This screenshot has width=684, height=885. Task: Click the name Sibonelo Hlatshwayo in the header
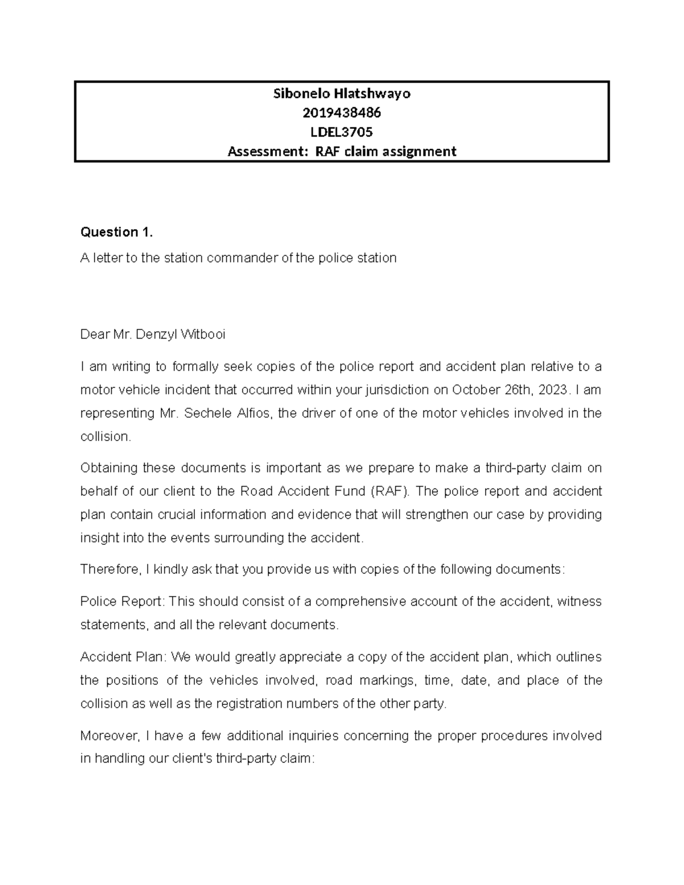pyautogui.click(x=341, y=94)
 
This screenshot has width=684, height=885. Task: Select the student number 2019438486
pyautogui.click(x=341, y=113)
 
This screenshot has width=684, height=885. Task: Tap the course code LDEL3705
pyautogui.click(x=341, y=132)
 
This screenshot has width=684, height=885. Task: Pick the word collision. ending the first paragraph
pyautogui.click(x=106, y=437)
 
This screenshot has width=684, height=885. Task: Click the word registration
pyautogui.click(x=249, y=704)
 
